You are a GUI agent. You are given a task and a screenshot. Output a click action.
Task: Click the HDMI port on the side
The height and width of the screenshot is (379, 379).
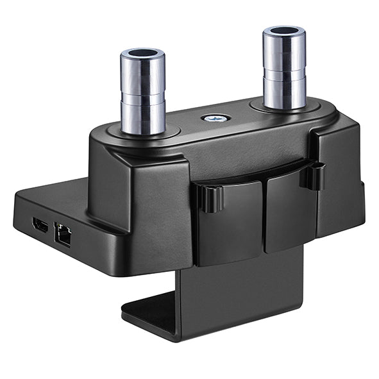[x=40, y=225]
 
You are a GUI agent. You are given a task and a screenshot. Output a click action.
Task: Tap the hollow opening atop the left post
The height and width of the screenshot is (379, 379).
[x=142, y=54]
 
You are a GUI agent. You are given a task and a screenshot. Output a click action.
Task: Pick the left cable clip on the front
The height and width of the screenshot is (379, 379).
[x=210, y=198]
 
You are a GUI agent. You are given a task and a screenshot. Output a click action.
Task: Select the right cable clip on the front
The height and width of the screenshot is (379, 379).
[x=314, y=176]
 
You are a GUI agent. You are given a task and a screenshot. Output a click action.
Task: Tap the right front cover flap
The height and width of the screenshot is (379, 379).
[x=290, y=208]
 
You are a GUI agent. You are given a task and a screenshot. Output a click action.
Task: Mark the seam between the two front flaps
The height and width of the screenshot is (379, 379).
[x=264, y=215]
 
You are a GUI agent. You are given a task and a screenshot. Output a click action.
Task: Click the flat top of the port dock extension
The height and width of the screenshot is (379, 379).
[x=55, y=199]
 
